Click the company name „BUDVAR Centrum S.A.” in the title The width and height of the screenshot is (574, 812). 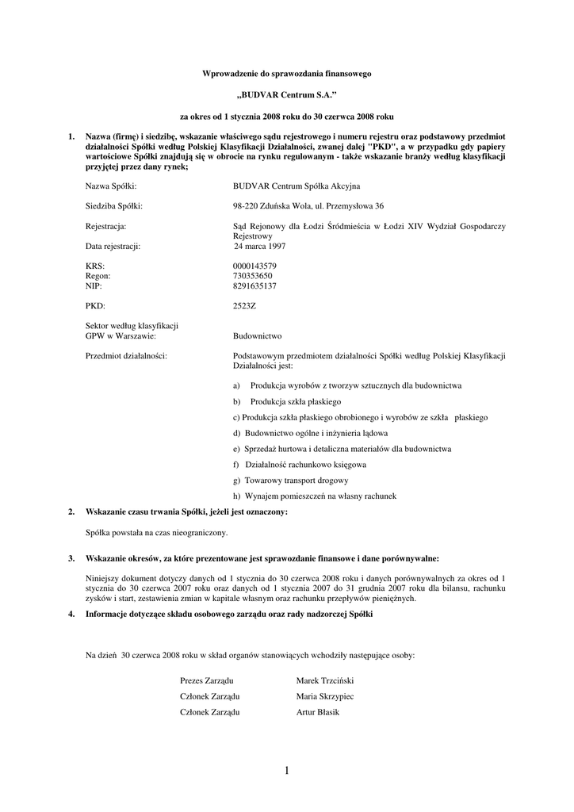point(286,94)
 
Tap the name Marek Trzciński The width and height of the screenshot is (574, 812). point(324,681)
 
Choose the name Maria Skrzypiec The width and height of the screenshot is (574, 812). point(324,696)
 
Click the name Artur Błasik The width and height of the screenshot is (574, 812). point(317,712)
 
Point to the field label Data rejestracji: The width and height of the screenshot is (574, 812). point(113,247)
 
